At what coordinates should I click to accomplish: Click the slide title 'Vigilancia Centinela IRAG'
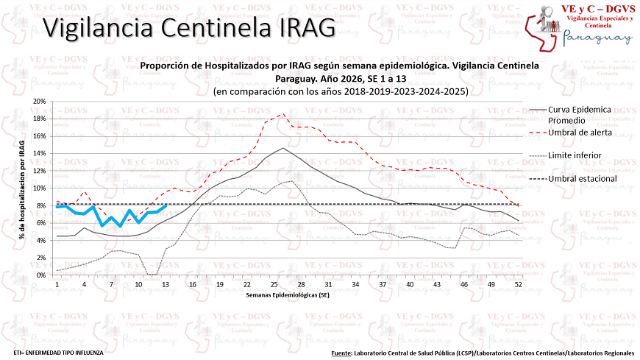[188, 28]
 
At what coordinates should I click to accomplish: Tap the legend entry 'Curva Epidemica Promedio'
[580, 114]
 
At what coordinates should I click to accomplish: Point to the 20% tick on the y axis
[39, 102]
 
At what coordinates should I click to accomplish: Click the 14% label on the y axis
[39, 153]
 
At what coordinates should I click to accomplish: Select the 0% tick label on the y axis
[41, 275]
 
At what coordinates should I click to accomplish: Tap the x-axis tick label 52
[519, 284]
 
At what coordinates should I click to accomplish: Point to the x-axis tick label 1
[57, 284]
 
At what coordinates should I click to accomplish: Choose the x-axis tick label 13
[166, 284]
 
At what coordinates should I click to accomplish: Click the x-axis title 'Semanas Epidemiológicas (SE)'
[287, 295]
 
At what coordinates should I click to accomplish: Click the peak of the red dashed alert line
[284, 114]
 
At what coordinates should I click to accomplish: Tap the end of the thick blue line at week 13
[166, 205]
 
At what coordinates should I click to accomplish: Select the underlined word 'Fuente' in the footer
[341, 353]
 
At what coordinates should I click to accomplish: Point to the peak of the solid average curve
[283, 148]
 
